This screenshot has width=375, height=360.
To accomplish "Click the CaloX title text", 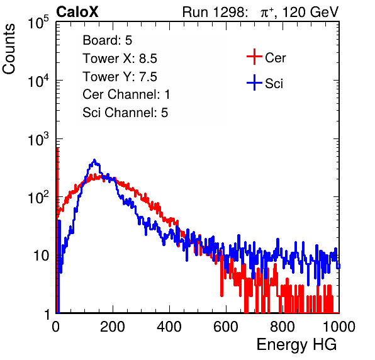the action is pyautogui.click(x=77, y=12).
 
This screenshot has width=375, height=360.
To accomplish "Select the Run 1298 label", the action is pyautogui.click(x=214, y=12).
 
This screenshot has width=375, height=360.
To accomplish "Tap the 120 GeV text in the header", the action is pyautogui.click(x=311, y=12).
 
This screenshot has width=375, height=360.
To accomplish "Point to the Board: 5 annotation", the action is pyautogui.click(x=108, y=40).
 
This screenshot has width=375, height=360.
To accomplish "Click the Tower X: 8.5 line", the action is pyautogui.click(x=120, y=59).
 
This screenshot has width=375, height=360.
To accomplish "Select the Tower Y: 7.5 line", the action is pyautogui.click(x=120, y=77).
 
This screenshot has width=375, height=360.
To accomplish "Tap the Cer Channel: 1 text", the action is pyautogui.click(x=126, y=94).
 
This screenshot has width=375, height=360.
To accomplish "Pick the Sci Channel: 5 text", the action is pyautogui.click(x=125, y=113).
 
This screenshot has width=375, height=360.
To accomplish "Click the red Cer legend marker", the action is pyautogui.click(x=254, y=57).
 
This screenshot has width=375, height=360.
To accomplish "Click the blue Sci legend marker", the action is pyautogui.click(x=254, y=83).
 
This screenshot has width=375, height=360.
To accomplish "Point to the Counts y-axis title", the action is pyautogui.click(x=9, y=49).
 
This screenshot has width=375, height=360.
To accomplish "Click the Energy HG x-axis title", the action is pyautogui.click(x=296, y=345).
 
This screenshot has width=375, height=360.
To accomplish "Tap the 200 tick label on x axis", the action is pyautogui.click(x=113, y=327).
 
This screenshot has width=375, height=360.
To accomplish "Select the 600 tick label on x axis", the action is pyautogui.click(x=226, y=327).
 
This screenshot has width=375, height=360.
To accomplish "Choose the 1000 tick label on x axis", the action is pyautogui.click(x=339, y=327).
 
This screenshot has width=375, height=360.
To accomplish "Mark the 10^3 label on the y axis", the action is pyautogui.click(x=38, y=139).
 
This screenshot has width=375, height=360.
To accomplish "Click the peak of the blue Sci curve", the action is pyautogui.click(x=94, y=160).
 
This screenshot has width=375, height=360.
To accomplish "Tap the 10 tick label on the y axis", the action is pyautogui.click(x=41, y=256).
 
